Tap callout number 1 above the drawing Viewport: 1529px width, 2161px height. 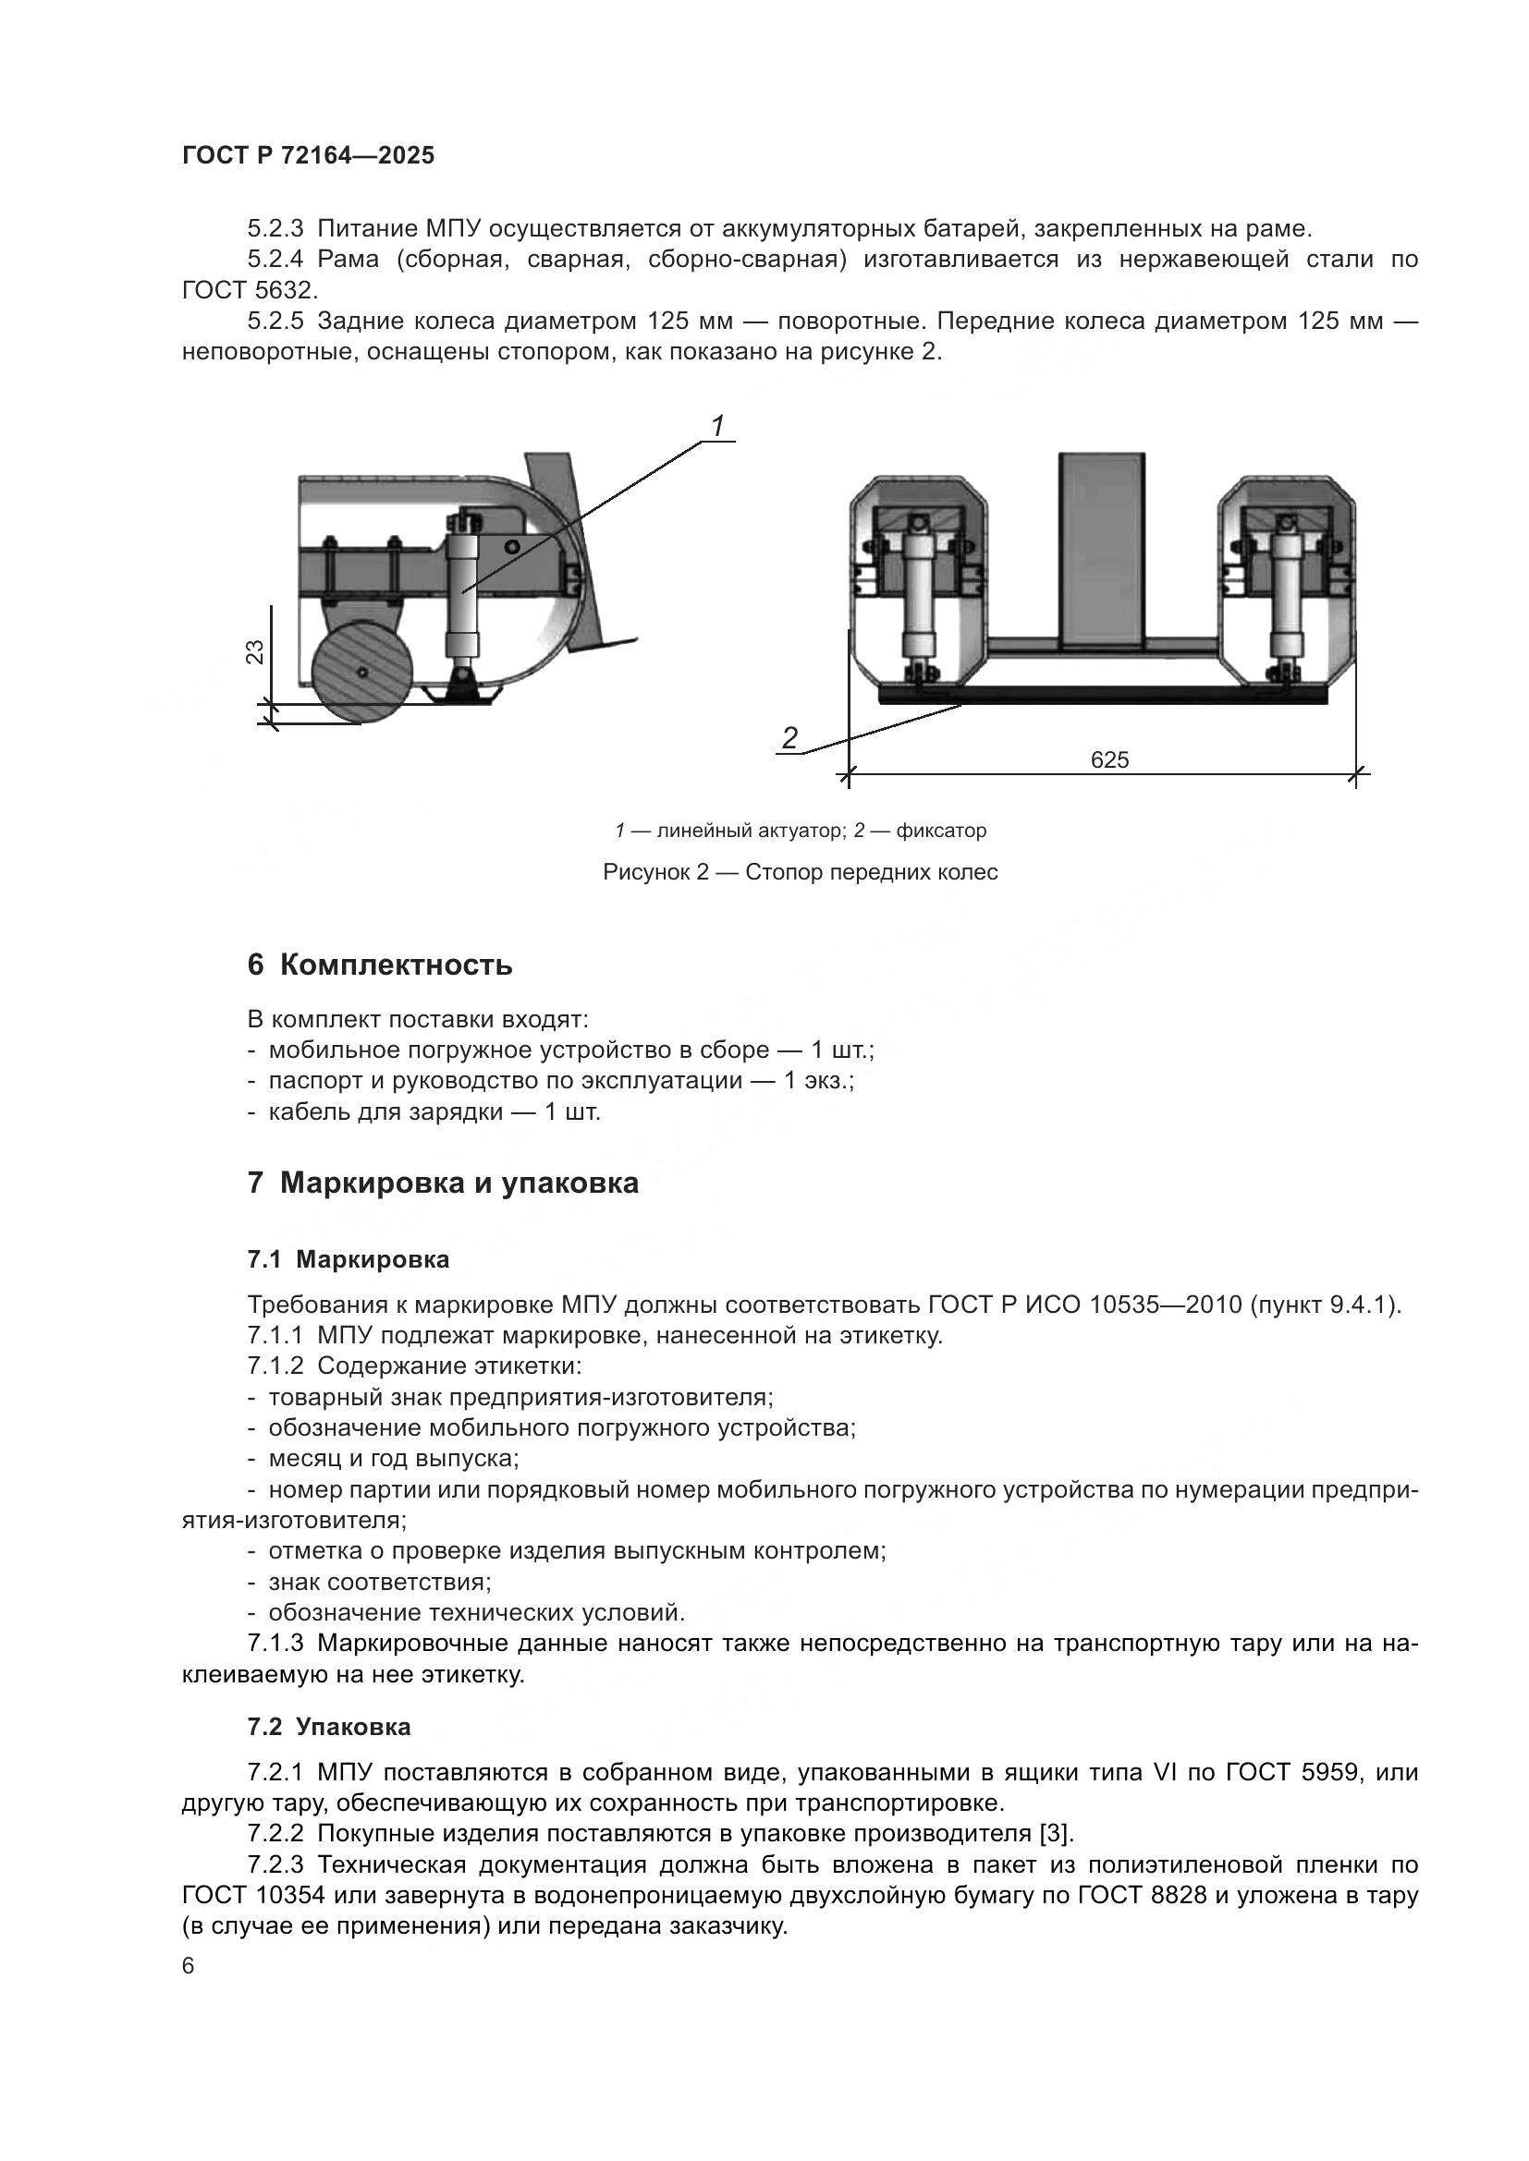tap(717, 426)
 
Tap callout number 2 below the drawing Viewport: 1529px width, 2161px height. tap(789, 738)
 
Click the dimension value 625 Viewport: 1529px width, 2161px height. tap(1109, 759)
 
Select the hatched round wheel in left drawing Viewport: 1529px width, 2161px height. tap(362, 672)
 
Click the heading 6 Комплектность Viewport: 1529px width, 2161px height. tap(379, 965)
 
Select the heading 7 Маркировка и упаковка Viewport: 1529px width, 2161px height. tap(443, 1184)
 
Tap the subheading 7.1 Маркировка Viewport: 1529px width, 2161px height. tap(349, 1259)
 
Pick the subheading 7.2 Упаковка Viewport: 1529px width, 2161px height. tap(329, 1727)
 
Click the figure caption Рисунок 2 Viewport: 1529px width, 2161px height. tap(800, 872)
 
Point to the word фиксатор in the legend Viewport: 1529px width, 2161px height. tap(940, 832)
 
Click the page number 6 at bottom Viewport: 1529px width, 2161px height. tap(189, 1967)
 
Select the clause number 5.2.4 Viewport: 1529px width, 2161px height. tap(275, 260)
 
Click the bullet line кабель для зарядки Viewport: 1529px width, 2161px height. tap(433, 1112)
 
